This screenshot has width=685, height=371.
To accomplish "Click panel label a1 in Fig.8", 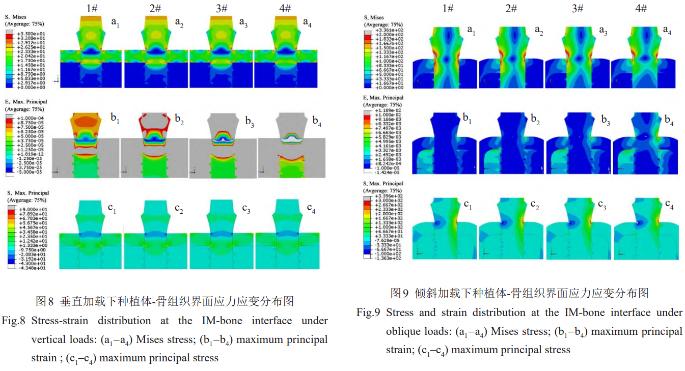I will pyautogui.click(x=115, y=22).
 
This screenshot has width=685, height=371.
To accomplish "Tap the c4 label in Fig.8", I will pyautogui.click(x=311, y=209).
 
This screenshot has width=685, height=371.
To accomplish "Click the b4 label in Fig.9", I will pyautogui.click(x=669, y=120).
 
